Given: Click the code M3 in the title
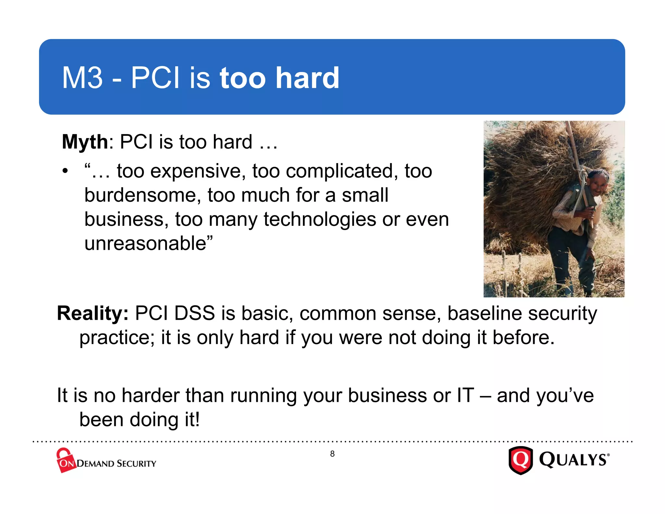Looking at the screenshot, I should (x=82, y=78).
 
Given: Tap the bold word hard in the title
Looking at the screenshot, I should (x=307, y=78).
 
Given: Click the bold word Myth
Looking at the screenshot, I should (x=85, y=142).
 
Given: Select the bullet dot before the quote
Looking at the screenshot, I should (x=65, y=171).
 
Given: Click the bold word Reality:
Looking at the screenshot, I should (x=93, y=314).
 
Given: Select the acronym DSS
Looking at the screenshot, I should (x=194, y=314).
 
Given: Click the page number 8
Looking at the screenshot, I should (x=332, y=454).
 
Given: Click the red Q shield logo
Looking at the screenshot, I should (x=521, y=460).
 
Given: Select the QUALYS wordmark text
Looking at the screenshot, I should (x=573, y=460).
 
